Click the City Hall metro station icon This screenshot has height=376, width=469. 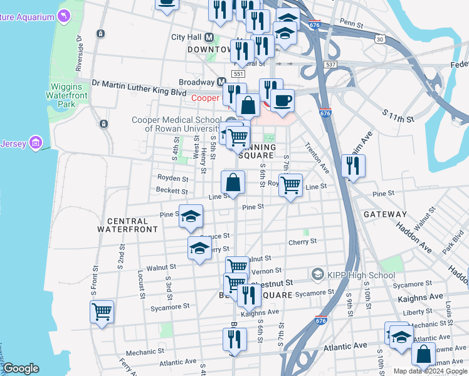point(209,37)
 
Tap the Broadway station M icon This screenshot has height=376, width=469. point(221,82)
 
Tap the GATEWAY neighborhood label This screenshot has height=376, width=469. point(385,214)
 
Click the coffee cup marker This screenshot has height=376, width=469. point(282,100)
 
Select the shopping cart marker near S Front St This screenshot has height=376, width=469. point(102,311)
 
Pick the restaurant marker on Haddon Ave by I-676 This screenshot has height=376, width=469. point(353,165)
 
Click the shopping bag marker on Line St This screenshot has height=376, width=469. point(233,183)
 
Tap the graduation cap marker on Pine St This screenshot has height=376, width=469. point(191,216)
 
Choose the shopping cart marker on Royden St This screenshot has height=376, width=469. point(290,185)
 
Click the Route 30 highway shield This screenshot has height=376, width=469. point(379,39)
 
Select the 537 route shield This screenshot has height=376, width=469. point(331,65)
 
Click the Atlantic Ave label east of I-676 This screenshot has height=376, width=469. point(345,346)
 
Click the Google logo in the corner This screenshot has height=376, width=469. point(21,368)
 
